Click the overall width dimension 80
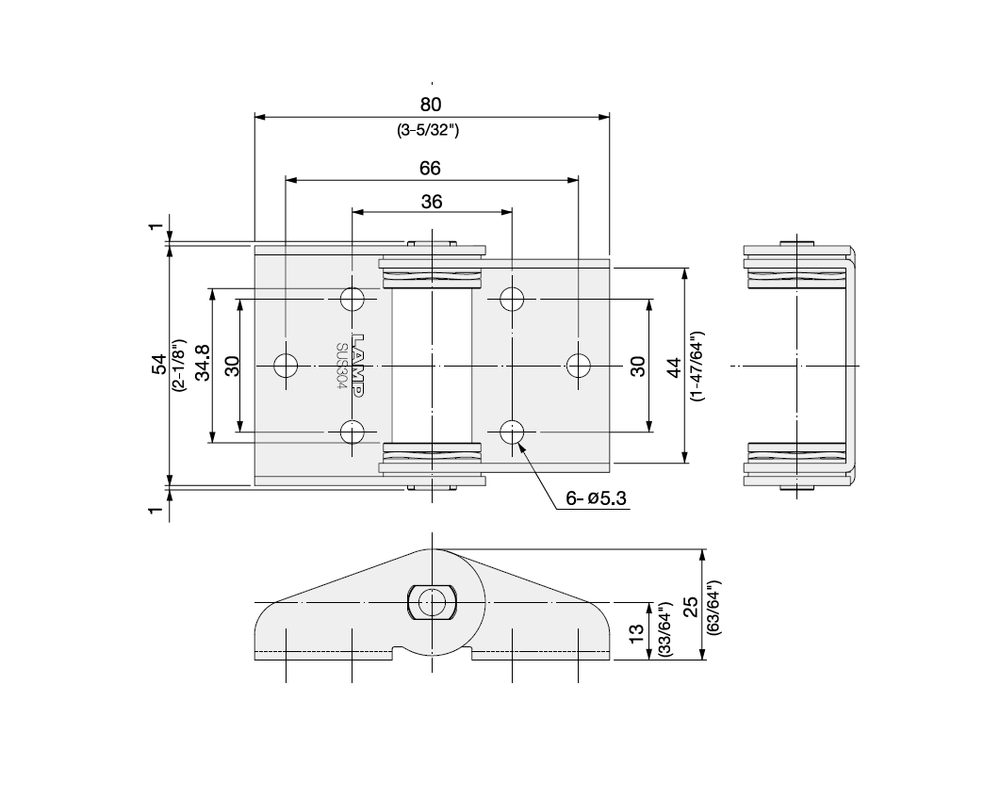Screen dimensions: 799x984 431,104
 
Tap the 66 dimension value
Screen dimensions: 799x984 431,169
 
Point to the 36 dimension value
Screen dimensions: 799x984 431,201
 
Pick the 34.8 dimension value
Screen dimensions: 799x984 202,365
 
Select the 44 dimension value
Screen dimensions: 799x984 674,366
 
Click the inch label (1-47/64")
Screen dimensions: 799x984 696,366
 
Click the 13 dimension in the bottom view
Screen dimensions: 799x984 637,631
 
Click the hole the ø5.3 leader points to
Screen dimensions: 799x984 512,432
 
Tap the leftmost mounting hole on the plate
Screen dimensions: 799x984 285,365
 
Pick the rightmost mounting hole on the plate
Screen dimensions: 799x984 578,365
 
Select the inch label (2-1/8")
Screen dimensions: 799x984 179,365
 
